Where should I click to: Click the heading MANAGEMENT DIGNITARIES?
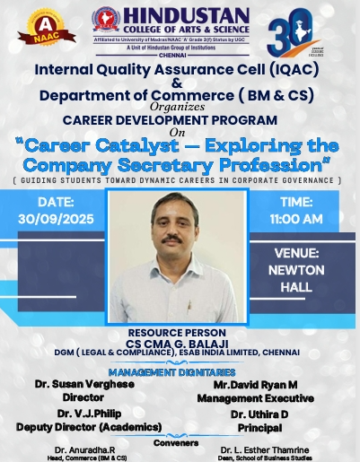coord(180,370)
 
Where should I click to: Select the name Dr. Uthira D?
coord(260,414)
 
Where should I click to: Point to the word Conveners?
coord(180,441)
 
